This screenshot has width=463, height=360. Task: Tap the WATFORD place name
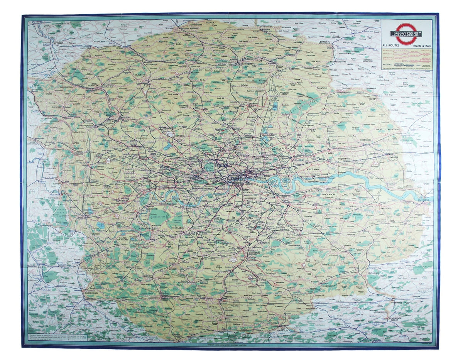click(x=110, y=113)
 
